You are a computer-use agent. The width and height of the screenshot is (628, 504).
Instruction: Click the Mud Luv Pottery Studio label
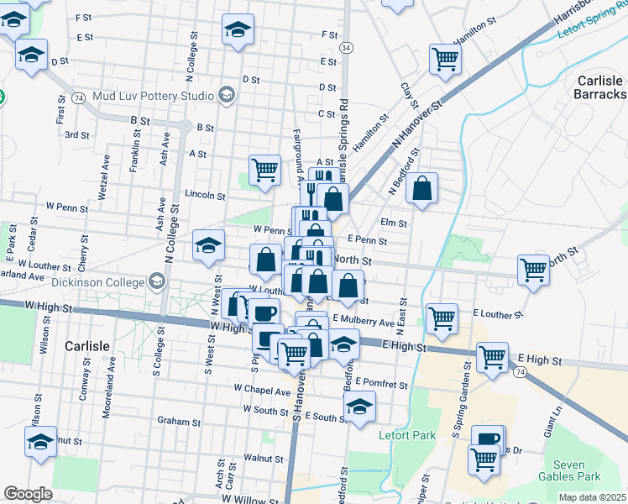tap(154, 95)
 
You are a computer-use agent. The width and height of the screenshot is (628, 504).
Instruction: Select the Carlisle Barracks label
tap(600, 87)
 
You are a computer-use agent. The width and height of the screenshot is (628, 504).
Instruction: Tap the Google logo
tap(28, 494)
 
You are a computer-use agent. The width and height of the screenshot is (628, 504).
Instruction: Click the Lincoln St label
tap(206, 196)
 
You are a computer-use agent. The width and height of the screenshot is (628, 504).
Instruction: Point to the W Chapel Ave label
tap(262, 390)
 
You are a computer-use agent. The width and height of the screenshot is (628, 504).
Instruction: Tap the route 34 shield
tap(346, 49)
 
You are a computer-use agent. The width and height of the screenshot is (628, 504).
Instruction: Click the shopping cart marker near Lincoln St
tap(265, 169)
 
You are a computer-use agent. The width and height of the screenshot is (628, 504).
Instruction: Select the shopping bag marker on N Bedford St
tap(422, 190)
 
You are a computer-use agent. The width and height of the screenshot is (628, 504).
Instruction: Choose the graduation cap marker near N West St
tap(208, 245)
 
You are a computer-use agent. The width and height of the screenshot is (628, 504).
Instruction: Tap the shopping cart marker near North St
tap(533, 270)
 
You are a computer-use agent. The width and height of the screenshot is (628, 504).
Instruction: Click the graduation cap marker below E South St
tap(360, 407)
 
